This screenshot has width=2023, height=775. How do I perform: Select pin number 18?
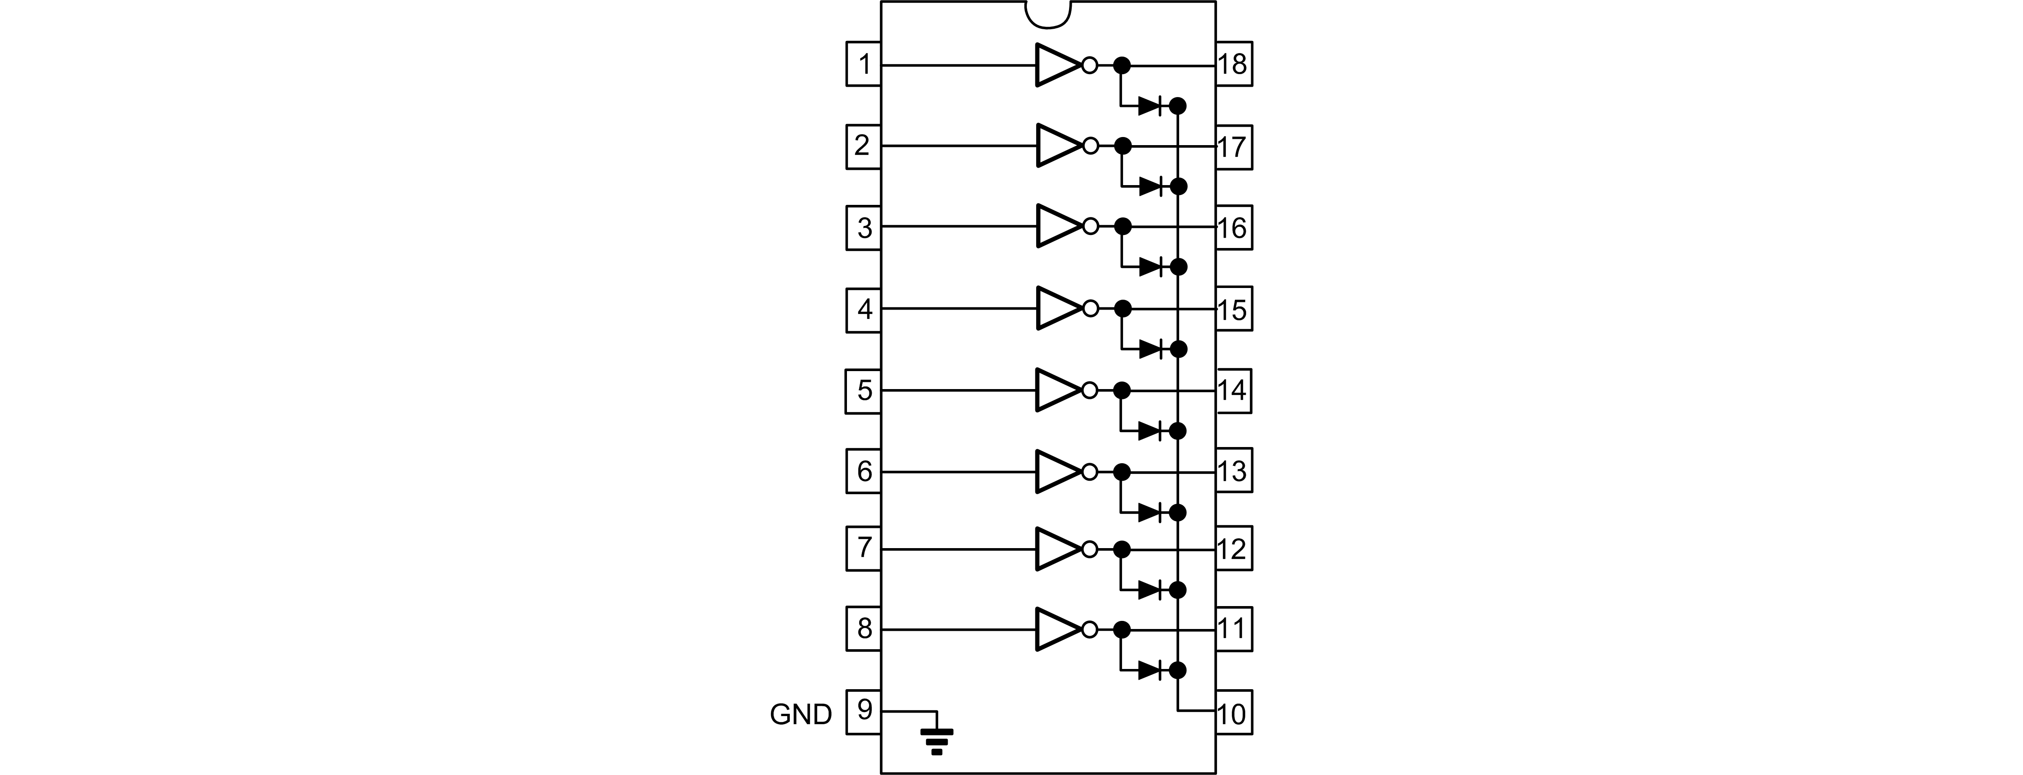tap(1234, 64)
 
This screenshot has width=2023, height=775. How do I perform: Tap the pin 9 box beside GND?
tap(863, 711)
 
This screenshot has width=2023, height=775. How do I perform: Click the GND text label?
tap(800, 714)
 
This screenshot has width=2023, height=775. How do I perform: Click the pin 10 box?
tap(1234, 713)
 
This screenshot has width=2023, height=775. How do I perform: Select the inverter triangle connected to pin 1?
tap(1057, 64)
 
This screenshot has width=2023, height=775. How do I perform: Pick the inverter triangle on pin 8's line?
tap(1057, 629)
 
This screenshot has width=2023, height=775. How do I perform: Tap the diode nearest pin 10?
tap(1150, 670)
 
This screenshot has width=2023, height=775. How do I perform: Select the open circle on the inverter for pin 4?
tap(1090, 309)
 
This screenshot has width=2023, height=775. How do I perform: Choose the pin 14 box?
tap(1234, 390)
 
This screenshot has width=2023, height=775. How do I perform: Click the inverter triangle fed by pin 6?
tap(1057, 471)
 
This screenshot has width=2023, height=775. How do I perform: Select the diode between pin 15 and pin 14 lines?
tap(1150, 349)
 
